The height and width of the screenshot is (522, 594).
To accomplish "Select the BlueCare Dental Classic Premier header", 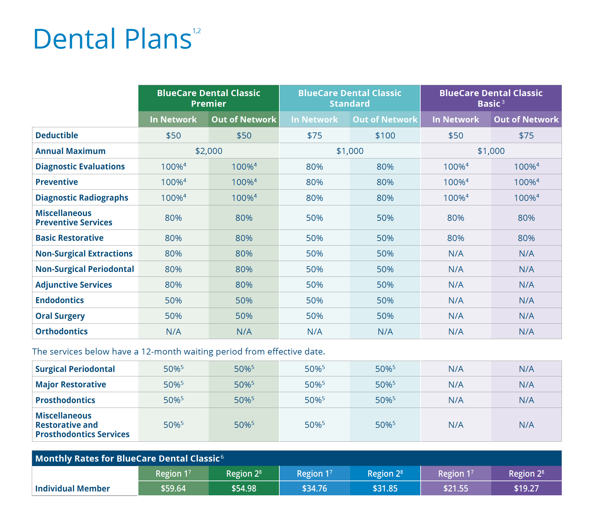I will tap(208, 98).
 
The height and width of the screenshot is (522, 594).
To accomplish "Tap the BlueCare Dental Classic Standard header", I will tap(350, 98).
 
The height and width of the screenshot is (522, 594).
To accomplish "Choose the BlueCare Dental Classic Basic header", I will tap(491, 98).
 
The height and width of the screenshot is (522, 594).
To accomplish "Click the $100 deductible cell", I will tap(385, 135).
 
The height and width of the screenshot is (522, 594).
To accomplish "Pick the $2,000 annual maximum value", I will tap(209, 151).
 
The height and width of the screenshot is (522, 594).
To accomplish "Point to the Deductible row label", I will tap(57, 135).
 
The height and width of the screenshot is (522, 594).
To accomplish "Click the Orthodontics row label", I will tap(61, 331).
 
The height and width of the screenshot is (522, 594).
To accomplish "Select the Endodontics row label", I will tap(59, 300).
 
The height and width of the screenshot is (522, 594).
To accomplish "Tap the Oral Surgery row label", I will tap(60, 316).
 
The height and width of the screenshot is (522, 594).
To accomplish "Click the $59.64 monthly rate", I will tap(173, 488).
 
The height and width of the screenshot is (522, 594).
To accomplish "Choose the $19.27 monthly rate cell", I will tap(526, 488).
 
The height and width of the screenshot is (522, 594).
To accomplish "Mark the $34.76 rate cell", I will tap(314, 488).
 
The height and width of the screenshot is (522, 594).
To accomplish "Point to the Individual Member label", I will tap(73, 489).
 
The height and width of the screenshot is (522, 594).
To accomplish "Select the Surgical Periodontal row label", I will tap(75, 369).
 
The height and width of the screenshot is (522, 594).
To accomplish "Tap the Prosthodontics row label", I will tap(65, 400).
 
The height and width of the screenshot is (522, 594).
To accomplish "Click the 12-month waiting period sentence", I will tap(179, 351).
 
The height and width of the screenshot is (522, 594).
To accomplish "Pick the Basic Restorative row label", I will tap(69, 238).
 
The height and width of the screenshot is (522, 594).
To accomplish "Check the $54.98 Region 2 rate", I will tap(244, 488).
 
